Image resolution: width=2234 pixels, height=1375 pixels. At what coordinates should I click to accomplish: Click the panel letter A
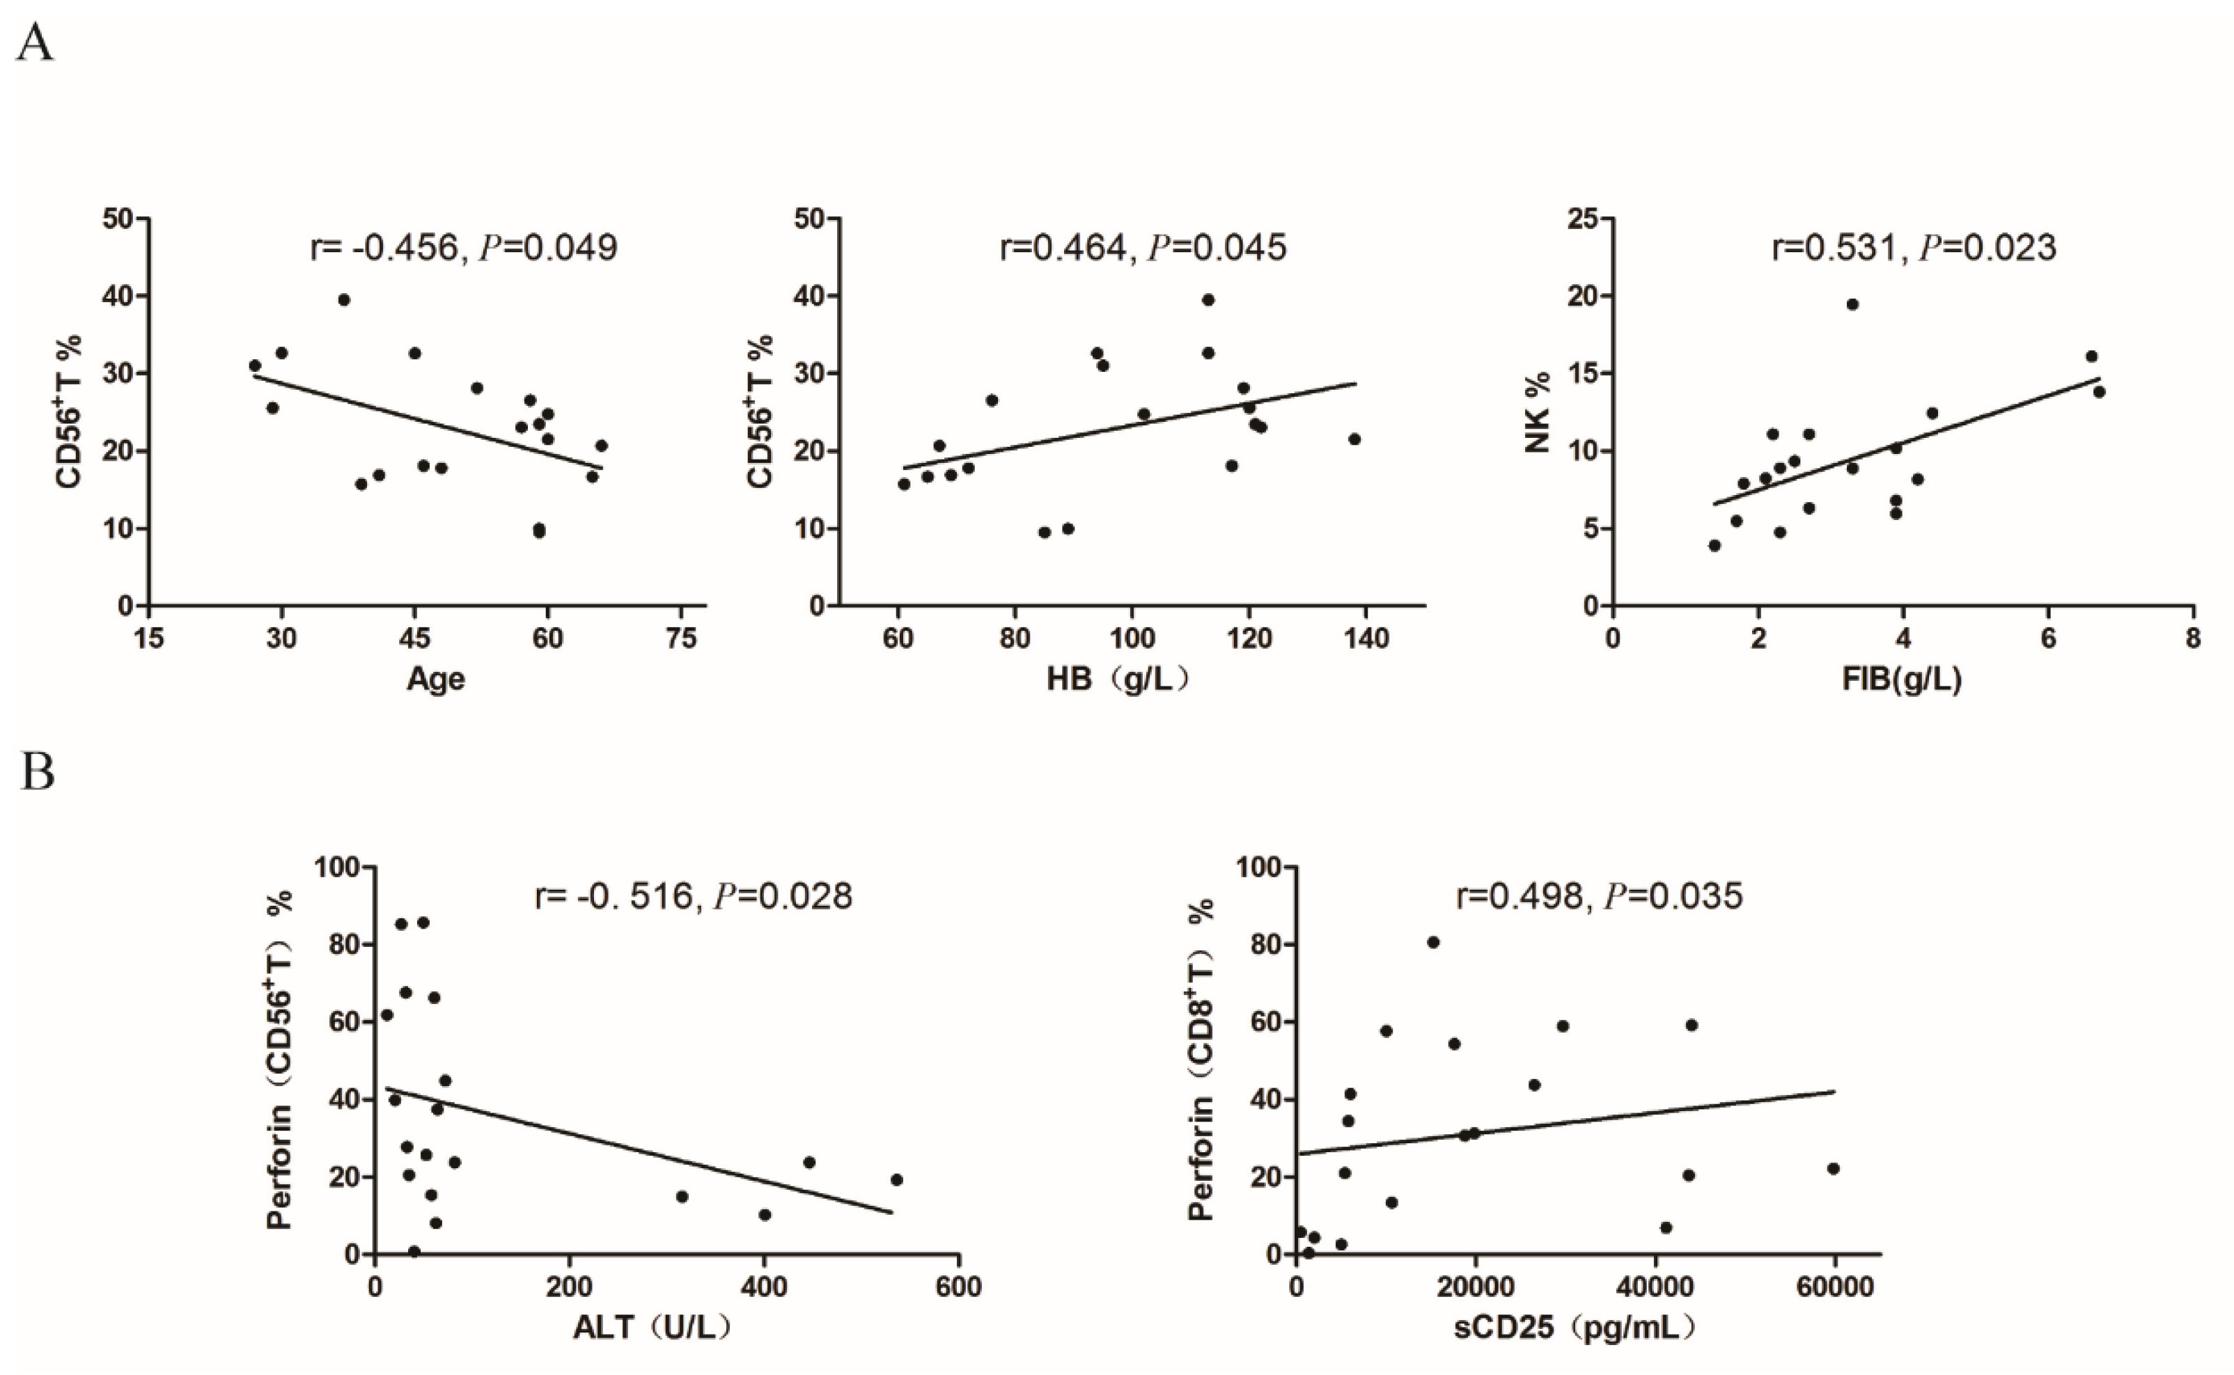tap(35, 42)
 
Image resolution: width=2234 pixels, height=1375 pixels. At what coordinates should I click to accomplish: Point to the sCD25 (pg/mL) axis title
tap(1574, 1328)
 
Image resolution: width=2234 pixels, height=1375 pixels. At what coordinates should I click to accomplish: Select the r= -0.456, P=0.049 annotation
tap(464, 247)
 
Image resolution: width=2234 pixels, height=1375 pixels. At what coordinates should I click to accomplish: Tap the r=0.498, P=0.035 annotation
tap(1599, 896)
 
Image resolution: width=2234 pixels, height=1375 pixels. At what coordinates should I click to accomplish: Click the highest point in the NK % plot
tap(1852, 305)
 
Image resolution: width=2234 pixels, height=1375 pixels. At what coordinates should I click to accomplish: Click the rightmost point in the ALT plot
tap(896, 1179)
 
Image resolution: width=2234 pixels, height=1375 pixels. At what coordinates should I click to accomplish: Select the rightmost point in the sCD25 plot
tap(1833, 1168)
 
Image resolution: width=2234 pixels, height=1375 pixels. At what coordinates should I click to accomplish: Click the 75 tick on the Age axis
tap(680, 639)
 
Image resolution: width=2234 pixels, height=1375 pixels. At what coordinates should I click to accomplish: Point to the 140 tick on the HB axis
tap(1366, 639)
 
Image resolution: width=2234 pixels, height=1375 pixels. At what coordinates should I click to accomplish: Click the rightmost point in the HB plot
tap(1354, 439)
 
